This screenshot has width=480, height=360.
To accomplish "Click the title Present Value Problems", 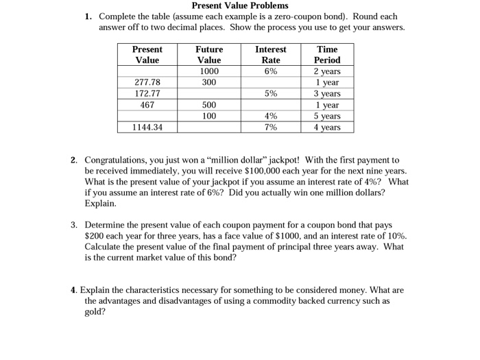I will point(240,5).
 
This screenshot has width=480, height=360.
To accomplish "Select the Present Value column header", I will point(147,54).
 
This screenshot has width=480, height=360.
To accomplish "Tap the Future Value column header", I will point(209,54).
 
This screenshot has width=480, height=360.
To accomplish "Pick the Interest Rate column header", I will point(271,54).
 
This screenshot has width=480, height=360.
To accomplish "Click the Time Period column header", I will point(326,54).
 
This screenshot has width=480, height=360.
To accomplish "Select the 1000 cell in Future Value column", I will point(209,71).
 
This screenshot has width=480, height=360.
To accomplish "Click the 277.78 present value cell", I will point(147,82).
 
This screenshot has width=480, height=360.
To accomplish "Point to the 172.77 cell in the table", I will point(147,93).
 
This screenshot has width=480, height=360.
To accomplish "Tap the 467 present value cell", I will point(147,105).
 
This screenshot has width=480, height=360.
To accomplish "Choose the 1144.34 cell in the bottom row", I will point(147,128).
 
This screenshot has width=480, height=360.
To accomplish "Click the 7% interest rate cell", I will point(271,128).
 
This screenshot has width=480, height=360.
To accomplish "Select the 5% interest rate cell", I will point(271,93).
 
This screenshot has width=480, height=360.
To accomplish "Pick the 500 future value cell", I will point(209,105).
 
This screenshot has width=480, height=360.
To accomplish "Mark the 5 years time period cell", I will point(326,116).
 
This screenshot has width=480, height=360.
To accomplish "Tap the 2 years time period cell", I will point(326,71).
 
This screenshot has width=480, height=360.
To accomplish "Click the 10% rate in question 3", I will point(394,235).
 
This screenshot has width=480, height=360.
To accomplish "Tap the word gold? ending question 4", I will point(96,311).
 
